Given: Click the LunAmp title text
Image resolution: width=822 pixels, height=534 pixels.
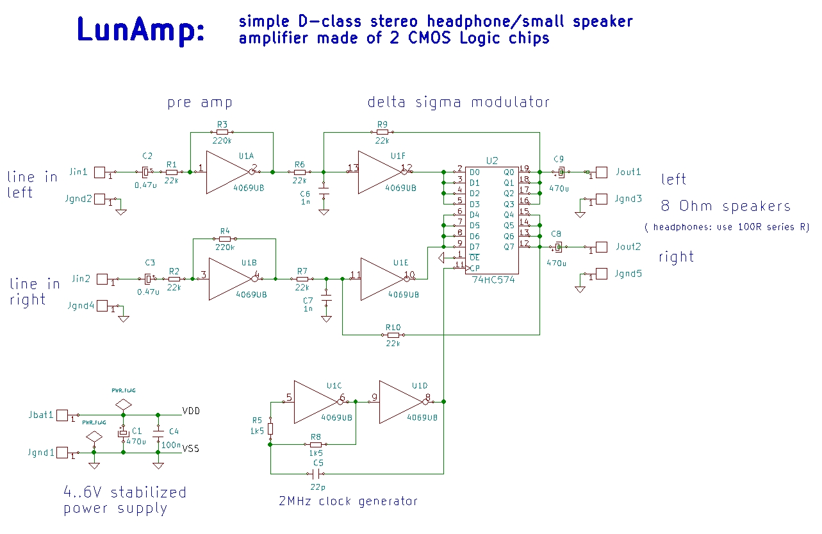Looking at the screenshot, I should click(x=140, y=31).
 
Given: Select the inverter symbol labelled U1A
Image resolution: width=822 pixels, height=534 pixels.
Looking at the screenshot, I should click(x=227, y=172).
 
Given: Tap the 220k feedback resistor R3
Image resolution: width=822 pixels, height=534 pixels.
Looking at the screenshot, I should click(x=222, y=132).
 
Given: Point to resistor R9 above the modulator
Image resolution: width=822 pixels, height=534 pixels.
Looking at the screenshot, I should click(x=382, y=133).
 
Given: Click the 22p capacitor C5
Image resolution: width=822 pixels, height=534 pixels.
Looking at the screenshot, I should click(x=315, y=474).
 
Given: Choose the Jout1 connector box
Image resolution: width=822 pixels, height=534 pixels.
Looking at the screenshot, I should click(x=602, y=172).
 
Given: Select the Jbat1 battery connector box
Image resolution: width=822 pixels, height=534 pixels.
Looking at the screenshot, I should click(x=62, y=415).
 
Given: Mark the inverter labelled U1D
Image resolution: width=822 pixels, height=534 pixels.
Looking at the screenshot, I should click(x=401, y=402).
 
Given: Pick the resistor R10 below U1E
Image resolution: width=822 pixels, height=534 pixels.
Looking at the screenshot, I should click(x=393, y=335).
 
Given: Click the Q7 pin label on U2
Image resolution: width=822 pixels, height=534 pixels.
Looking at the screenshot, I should click(x=509, y=246).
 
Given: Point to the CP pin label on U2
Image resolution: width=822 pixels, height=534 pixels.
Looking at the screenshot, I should click(x=475, y=267).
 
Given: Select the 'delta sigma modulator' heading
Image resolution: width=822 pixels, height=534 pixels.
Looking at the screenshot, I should click(x=458, y=102).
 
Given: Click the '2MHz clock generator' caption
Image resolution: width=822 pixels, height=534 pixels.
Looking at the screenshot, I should click(x=348, y=501).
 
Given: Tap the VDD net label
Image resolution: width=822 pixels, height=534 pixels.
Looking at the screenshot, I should click(x=192, y=411).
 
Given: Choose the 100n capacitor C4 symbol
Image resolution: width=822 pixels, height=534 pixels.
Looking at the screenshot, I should click(x=158, y=433).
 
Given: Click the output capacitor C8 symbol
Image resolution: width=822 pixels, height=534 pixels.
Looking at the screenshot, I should click(x=558, y=247).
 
